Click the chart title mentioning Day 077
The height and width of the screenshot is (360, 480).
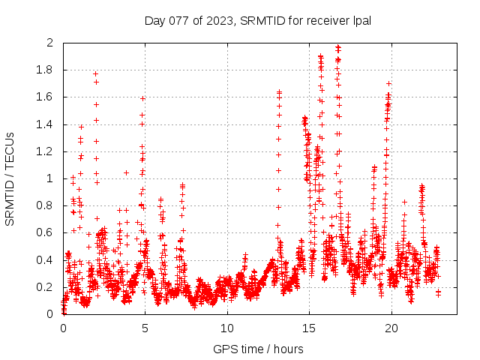click(x=258, y=20)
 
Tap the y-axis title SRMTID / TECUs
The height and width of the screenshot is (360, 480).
click(x=10, y=179)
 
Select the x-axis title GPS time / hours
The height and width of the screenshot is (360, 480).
click(x=258, y=349)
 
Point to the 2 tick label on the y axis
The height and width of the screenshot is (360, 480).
click(x=50, y=43)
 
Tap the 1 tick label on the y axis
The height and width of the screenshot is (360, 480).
click(x=50, y=178)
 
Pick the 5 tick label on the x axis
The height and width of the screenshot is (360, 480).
click(x=145, y=328)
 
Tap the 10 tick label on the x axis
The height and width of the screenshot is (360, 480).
click(x=227, y=328)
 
